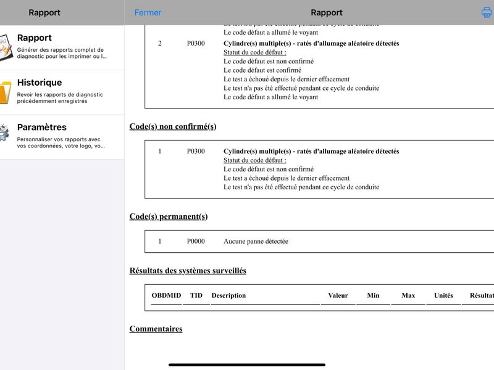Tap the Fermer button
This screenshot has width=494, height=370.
point(148,12)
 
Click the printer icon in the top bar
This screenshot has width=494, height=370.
point(487,12)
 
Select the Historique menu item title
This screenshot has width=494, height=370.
point(40,83)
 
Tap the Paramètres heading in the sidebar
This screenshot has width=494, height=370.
point(42,128)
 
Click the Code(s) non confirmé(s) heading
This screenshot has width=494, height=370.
point(173,126)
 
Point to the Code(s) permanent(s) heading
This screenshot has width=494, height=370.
point(169,216)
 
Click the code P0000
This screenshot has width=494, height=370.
point(196,241)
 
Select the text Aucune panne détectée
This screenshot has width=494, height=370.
point(256,241)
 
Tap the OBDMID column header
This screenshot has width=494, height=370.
point(166,295)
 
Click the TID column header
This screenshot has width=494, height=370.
point(196,295)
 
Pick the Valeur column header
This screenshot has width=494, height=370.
point(338,295)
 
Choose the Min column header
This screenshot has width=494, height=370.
point(373,295)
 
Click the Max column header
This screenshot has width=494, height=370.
point(408,295)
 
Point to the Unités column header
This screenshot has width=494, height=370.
point(443,295)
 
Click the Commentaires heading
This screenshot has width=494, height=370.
point(156,329)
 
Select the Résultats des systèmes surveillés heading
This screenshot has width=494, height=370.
point(188,271)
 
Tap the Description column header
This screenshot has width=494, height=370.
point(228,295)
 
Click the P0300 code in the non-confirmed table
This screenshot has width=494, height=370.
point(196,151)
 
